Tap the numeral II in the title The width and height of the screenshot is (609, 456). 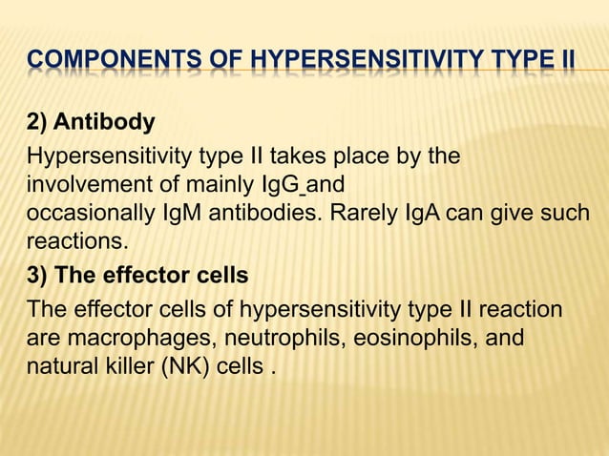pyautogui.click(x=563, y=64)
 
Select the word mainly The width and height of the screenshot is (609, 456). pyautogui.click(x=222, y=182)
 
